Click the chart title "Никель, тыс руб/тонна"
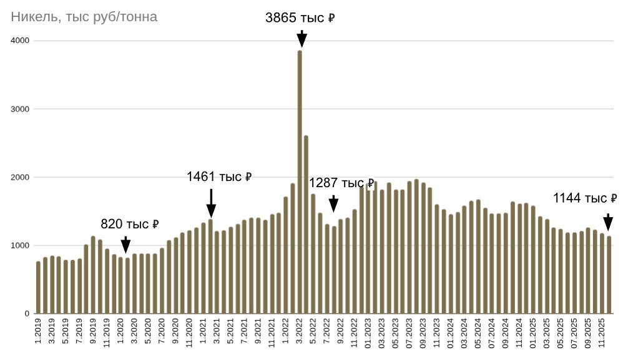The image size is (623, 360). pyautogui.click(x=84, y=17)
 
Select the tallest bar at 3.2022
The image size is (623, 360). pyautogui.click(x=300, y=181)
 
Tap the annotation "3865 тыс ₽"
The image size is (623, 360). pyautogui.click(x=300, y=18)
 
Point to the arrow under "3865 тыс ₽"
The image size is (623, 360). pyautogui.click(x=302, y=39)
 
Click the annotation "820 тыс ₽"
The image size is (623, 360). pyautogui.click(x=130, y=224)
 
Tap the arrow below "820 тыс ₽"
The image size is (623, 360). pyautogui.click(x=125, y=245)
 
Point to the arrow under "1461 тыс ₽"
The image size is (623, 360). pyautogui.click(x=211, y=203)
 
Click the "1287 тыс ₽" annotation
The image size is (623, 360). pyautogui.click(x=341, y=183)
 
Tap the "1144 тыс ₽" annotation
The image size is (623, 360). pyautogui.click(x=585, y=198)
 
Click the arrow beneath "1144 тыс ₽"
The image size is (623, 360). pyautogui.click(x=608, y=223)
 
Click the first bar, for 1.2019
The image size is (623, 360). pyautogui.click(x=38, y=288)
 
